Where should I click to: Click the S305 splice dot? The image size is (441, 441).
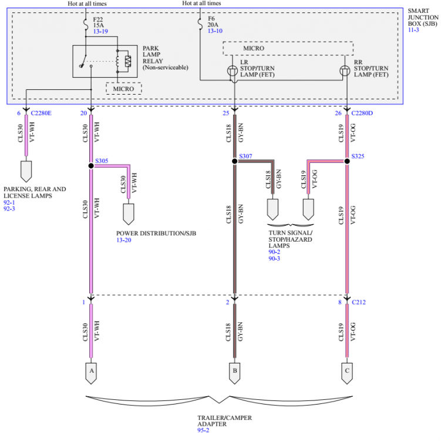(x=91, y=166)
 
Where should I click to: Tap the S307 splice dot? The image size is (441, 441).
(x=234, y=161)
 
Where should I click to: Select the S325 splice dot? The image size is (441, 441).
(x=347, y=161)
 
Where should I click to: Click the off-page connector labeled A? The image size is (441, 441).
(x=91, y=373)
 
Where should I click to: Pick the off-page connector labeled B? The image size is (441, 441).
(x=234, y=373)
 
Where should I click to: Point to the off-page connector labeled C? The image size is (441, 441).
(x=347, y=373)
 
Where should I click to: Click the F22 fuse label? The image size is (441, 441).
(x=98, y=19)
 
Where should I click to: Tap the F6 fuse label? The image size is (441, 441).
(x=211, y=19)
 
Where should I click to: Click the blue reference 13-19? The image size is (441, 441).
(x=100, y=31)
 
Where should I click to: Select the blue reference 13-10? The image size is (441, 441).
(x=215, y=31)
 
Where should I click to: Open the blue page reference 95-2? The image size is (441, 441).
(x=203, y=430)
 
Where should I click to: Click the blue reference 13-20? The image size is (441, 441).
(x=124, y=240)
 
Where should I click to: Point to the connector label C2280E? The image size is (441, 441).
(x=41, y=113)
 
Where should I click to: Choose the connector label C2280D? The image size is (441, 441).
(x=362, y=113)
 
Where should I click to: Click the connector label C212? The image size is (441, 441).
(x=359, y=302)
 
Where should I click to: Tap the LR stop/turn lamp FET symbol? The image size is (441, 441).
(x=233, y=71)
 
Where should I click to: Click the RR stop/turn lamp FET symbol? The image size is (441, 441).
(x=345, y=71)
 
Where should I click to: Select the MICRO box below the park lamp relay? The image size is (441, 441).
(x=124, y=89)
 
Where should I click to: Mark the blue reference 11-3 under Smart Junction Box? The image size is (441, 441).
(x=413, y=30)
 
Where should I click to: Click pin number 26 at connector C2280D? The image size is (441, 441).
(x=338, y=113)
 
